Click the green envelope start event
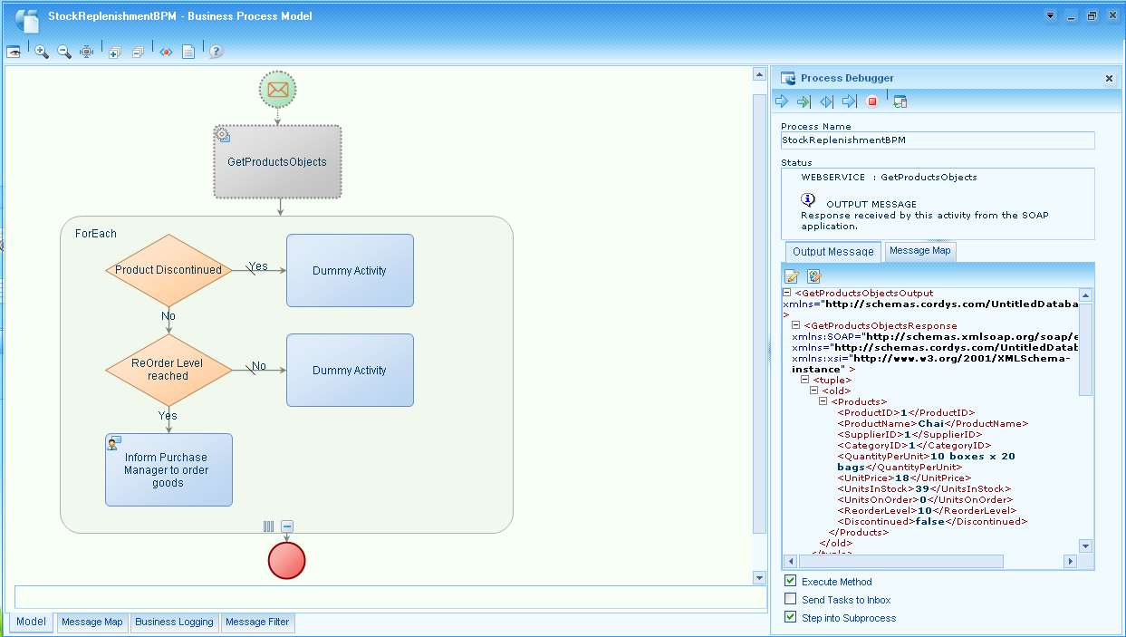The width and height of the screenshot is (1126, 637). point(278,89)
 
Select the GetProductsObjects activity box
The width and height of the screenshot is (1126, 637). point(277,161)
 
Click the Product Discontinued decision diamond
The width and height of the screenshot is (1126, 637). point(168,270)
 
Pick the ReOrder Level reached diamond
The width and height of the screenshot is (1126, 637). point(168,370)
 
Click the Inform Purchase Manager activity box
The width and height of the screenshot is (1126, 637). point(168,469)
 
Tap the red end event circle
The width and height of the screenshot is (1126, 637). point(287,560)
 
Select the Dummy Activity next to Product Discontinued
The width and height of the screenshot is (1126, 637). point(350,271)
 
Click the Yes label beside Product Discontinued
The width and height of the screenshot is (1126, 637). point(259,266)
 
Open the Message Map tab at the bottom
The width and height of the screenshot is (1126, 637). point(91,622)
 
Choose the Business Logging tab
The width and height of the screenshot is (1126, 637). point(174,622)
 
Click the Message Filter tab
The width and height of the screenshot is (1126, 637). point(257,622)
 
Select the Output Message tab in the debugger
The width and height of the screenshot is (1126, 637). point(832,252)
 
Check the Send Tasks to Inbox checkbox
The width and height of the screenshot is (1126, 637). point(791,600)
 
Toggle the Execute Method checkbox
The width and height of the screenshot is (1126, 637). point(791,582)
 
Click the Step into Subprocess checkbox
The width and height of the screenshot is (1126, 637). point(791,618)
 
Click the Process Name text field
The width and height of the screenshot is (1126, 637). point(937,140)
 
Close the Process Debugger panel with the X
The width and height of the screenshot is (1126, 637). point(1109,79)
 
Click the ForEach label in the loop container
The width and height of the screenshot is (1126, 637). point(96,234)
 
